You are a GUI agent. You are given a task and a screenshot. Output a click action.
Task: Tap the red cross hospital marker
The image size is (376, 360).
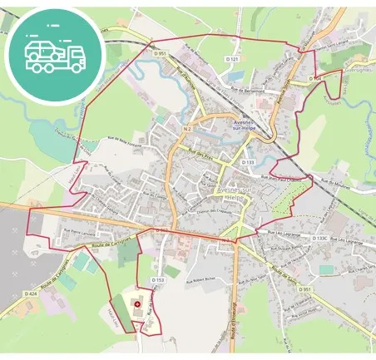(x=137, y=304)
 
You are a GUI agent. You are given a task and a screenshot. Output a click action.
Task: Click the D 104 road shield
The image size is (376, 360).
(x=314, y=77)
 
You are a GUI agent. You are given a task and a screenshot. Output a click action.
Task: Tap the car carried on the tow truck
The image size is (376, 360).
(x=43, y=49)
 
